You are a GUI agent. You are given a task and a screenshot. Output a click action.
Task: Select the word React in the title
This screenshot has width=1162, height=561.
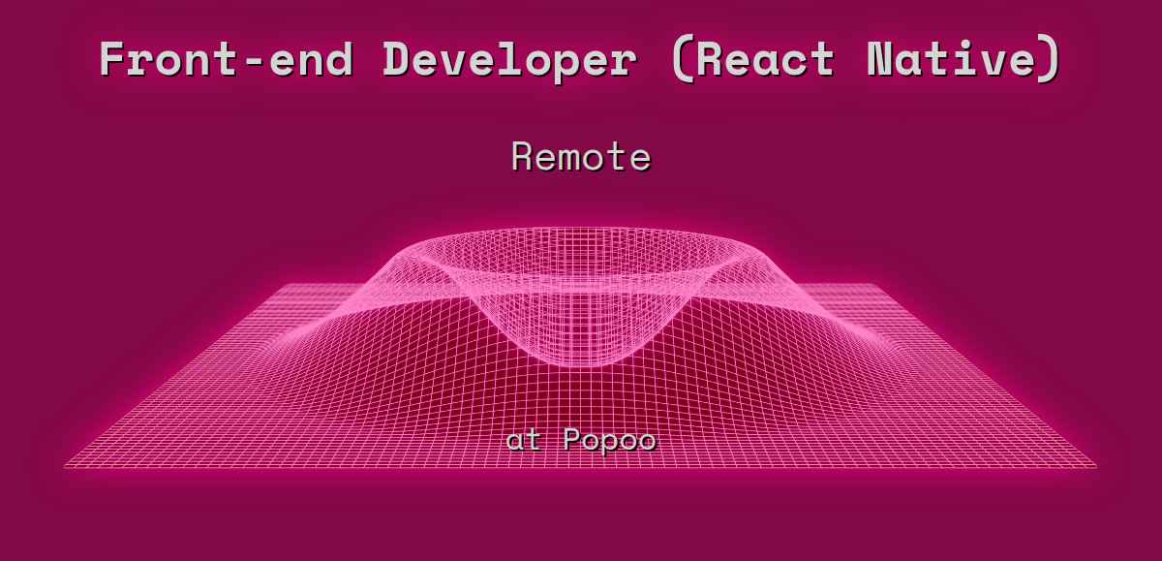pyautogui.click(x=765, y=60)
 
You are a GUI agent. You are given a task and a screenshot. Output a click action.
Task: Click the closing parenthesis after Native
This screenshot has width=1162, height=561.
pyautogui.click(x=1050, y=60)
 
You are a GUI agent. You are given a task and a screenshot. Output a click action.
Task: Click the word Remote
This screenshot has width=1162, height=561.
pyautogui.click(x=581, y=156)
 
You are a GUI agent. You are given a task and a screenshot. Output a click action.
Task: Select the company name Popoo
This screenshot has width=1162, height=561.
pyautogui.click(x=609, y=441)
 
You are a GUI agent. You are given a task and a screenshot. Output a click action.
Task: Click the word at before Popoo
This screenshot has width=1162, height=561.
pyautogui.click(x=524, y=441)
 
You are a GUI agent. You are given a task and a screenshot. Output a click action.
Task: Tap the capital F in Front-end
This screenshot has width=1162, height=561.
pyautogui.click(x=113, y=60)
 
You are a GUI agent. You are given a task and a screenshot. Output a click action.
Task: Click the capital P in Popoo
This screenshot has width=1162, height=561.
pyautogui.click(x=572, y=441)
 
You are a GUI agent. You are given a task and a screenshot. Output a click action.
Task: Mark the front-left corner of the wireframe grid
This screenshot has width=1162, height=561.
pyautogui.click(x=66, y=467)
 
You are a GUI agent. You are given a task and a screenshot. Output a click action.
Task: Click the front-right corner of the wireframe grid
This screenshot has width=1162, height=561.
pyautogui.click(x=1096, y=467)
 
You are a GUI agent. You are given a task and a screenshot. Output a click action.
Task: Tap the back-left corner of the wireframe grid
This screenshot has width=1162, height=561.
pyautogui.click(x=288, y=285)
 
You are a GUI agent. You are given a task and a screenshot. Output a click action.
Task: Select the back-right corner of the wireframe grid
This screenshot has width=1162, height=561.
pyautogui.click(x=874, y=285)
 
